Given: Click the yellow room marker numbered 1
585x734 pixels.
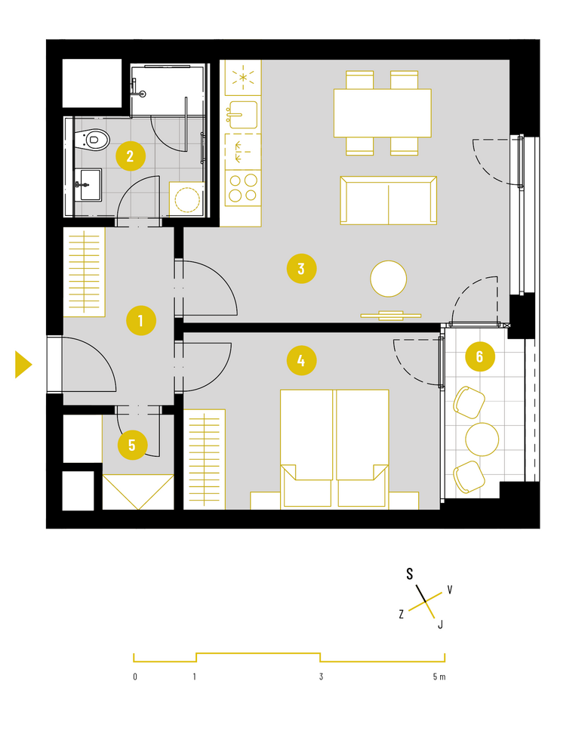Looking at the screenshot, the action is [x=141, y=321].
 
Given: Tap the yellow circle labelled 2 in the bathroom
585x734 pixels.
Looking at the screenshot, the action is [x=131, y=156].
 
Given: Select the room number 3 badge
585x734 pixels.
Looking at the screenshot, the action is [x=301, y=269].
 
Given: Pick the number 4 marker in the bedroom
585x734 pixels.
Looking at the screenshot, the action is [x=301, y=360].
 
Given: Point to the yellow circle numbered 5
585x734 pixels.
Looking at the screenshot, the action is [x=132, y=446].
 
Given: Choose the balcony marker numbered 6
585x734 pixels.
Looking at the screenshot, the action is [x=480, y=356].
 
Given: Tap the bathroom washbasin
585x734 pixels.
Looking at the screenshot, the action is [x=88, y=185].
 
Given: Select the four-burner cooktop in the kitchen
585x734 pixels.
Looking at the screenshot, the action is [x=243, y=188].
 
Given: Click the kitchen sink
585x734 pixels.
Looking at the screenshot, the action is [x=242, y=115].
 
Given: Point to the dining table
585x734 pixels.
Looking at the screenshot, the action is [x=383, y=113].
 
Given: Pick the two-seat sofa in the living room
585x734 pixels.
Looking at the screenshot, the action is [x=389, y=200].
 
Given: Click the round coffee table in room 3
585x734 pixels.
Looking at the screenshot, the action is [x=389, y=279].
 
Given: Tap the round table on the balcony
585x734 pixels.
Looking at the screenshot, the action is [x=482, y=439].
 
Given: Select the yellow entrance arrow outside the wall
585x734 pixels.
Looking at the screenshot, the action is [x=23, y=364].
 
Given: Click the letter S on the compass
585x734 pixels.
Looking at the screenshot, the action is [x=409, y=574].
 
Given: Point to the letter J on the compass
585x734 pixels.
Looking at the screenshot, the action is [x=440, y=624].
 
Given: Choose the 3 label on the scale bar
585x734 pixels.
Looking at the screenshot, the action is [x=321, y=677].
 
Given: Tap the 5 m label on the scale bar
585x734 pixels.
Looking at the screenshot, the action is [x=439, y=677].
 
